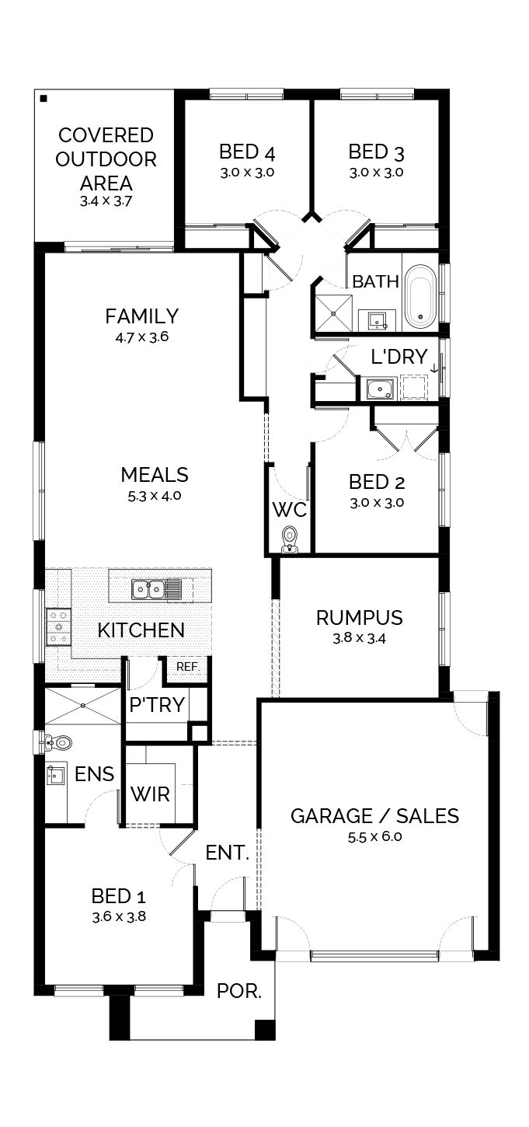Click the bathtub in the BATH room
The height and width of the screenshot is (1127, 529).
pyautogui.click(x=420, y=297)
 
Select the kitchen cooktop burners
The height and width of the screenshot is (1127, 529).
pyautogui.click(x=57, y=626)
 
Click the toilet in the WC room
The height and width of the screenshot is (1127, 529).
pyautogui.click(x=289, y=539)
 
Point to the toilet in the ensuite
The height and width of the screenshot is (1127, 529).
pyautogui.click(x=58, y=742)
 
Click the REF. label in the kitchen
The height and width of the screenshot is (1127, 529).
pyautogui.click(x=188, y=667)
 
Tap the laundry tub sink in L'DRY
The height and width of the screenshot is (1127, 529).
pyautogui.click(x=379, y=389)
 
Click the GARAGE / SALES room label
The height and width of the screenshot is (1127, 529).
pyautogui.click(x=374, y=816)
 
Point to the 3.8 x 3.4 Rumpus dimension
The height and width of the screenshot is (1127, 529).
pyautogui.click(x=359, y=638)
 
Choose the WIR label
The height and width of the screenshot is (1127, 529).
pyautogui.click(x=151, y=794)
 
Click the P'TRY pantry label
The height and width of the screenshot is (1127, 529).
pyautogui.click(x=157, y=705)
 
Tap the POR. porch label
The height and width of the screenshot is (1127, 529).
pyautogui.click(x=238, y=991)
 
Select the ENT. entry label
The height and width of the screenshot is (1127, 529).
pyautogui.click(x=228, y=853)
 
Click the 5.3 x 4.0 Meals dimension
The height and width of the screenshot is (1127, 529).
pyautogui.click(x=155, y=496)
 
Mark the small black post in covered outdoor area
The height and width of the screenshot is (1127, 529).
pyautogui.click(x=44, y=98)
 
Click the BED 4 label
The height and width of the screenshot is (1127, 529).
pyautogui.click(x=247, y=152)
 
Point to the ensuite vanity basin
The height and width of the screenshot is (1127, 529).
pyautogui.click(x=55, y=776)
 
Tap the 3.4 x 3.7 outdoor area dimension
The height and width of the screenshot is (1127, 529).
pyautogui.click(x=106, y=201)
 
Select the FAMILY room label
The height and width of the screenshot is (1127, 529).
pyautogui.click(x=142, y=316)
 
